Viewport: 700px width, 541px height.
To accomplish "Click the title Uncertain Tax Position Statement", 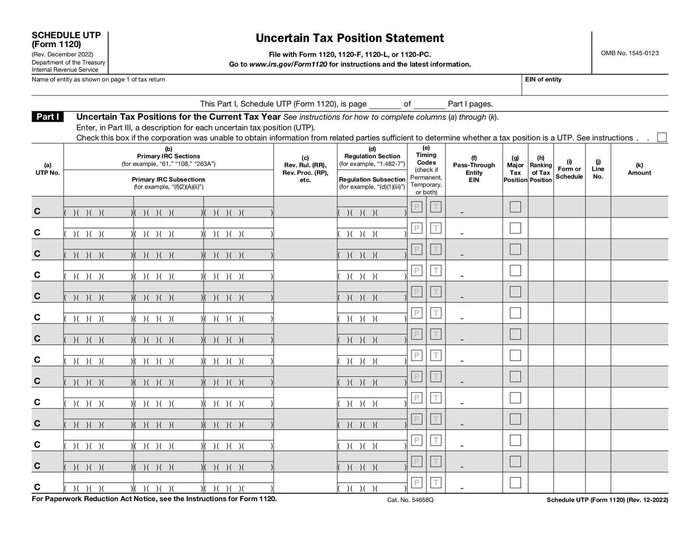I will [350, 38].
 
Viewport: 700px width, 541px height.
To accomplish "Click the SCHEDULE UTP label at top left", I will [66, 35].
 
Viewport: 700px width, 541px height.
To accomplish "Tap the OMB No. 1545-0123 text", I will [630, 53].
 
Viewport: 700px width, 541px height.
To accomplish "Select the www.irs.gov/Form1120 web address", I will [288, 64].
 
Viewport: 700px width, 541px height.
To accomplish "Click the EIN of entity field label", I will [543, 79].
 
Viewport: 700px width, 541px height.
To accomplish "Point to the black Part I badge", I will [48, 117].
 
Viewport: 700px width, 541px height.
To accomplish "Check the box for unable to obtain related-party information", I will [662, 138].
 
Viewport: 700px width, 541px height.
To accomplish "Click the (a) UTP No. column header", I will [48, 169].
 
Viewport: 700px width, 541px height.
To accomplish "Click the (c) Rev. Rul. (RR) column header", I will [305, 169].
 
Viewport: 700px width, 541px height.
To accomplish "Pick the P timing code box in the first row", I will [417, 207].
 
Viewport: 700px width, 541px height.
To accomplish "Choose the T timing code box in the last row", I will [436, 483].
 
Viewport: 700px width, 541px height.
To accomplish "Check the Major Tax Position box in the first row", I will [515, 207].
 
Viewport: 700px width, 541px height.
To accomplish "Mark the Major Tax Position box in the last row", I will [515, 483].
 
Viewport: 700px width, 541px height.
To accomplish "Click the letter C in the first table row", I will [37, 211].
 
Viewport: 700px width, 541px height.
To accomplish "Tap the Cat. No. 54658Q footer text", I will [410, 500].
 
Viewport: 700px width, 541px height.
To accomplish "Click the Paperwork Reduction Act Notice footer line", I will [154, 499].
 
